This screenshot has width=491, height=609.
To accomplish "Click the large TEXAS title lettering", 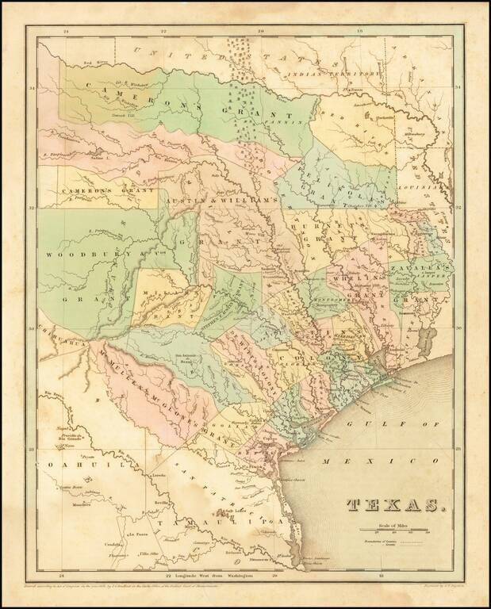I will coord(395,504).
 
